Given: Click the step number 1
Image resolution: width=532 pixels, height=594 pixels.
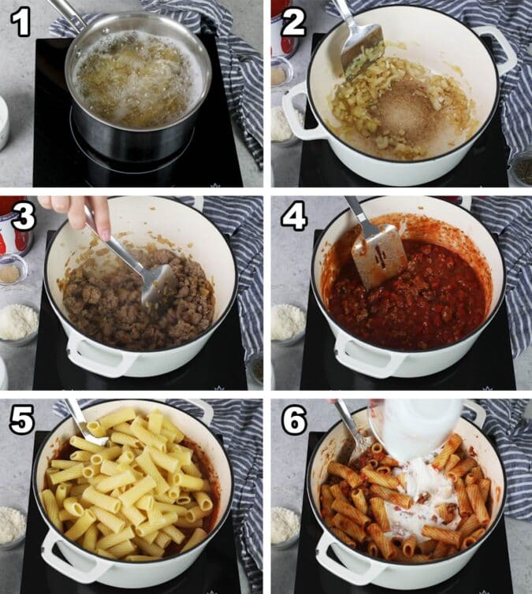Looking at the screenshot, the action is coord(20,23).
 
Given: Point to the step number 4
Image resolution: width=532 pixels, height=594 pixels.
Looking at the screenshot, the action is coord(294,217).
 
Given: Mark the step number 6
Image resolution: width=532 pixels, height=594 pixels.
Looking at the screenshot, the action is coord(294,421).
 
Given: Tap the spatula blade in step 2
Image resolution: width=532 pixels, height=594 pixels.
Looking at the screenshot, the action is coord(362,51).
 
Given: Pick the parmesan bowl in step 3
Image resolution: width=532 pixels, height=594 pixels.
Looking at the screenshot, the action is coord(17,323).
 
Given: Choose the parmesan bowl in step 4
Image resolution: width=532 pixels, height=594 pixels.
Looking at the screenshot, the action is coord(287,323).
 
